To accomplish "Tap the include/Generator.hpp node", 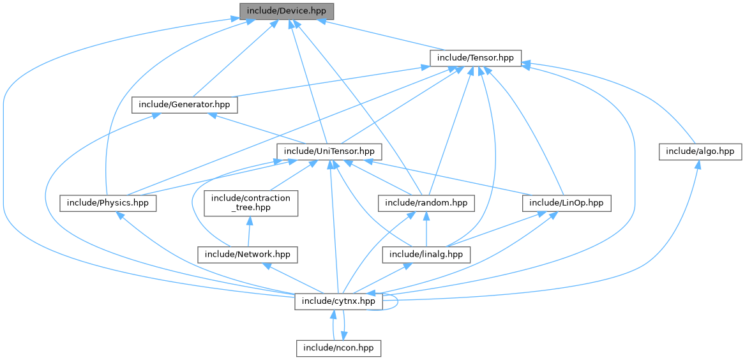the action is click(185, 105).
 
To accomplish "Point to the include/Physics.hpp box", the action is click(108, 203).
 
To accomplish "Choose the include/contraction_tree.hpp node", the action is click(250, 203).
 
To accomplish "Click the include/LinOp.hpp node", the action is click(566, 203).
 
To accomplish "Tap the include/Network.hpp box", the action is click(248, 255).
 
